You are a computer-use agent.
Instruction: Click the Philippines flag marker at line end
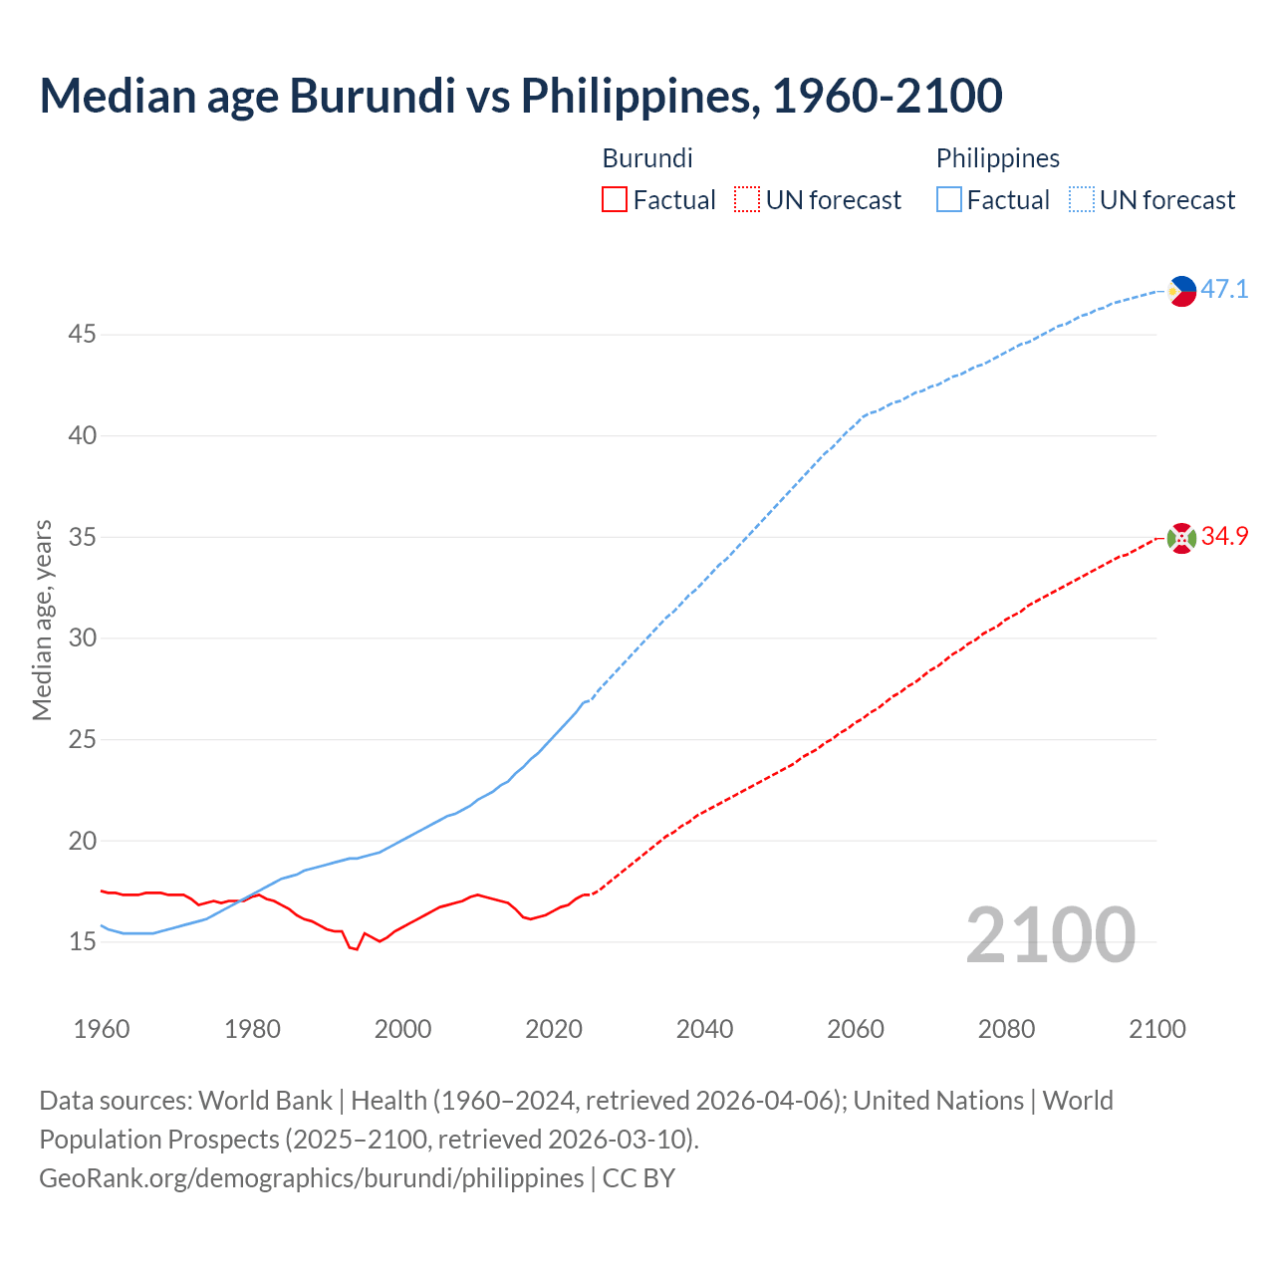pyautogui.click(x=1181, y=291)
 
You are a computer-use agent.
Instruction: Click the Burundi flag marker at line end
pyautogui.click(x=1181, y=538)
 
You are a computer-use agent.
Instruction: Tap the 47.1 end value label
pyautogui.click(x=1224, y=290)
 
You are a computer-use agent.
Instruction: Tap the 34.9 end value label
pyautogui.click(x=1224, y=537)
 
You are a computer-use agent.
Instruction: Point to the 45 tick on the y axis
pyautogui.click(x=82, y=335)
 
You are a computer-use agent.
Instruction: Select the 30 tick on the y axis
pyautogui.click(x=82, y=638)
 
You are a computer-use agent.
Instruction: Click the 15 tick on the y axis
pyautogui.click(x=82, y=942)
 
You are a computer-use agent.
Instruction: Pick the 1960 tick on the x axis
pyautogui.click(x=102, y=1029)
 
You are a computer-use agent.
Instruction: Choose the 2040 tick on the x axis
pyautogui.click(x=704, y=1029)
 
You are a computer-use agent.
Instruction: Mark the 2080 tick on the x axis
pyautogui.click(x=1006, y=1029)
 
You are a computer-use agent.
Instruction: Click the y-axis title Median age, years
pyautogui.click(x=42, y=620)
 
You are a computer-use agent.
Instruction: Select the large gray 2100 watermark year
pyautogui.click(x=1050, y=935)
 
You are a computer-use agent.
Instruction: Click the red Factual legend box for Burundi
pyautogui.click(x=615, y=200)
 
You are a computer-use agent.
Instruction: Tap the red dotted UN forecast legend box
pyautogui.click(x=747, y=200)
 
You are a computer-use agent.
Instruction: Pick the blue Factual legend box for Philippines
pyautogui.click(x=949, y=200)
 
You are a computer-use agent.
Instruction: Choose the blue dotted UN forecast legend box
pyautogui.click(x=1081, y=200)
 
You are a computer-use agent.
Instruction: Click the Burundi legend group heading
pyautogui.click(x=647, y=158)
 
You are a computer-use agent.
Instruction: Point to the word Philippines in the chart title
pyautogui.click(x=636, y=96)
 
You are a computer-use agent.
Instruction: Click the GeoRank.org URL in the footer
pyautogui.click(x=311, y=1178)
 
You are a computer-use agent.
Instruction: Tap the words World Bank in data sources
pyautogui.click(x=265, y=1101)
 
